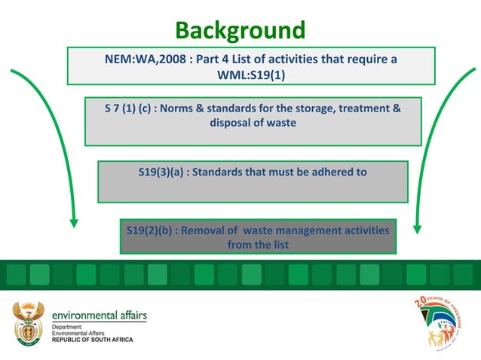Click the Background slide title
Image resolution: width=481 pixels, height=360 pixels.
point(240,31)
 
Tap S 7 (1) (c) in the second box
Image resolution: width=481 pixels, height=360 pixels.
point(129,108)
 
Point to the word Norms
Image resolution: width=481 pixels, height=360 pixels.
point(189,108)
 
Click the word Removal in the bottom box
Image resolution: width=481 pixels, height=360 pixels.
point(207,230)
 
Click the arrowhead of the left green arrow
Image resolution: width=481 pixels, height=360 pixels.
point(73,222)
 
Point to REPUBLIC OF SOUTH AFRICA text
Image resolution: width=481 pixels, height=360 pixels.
point(92,340)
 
